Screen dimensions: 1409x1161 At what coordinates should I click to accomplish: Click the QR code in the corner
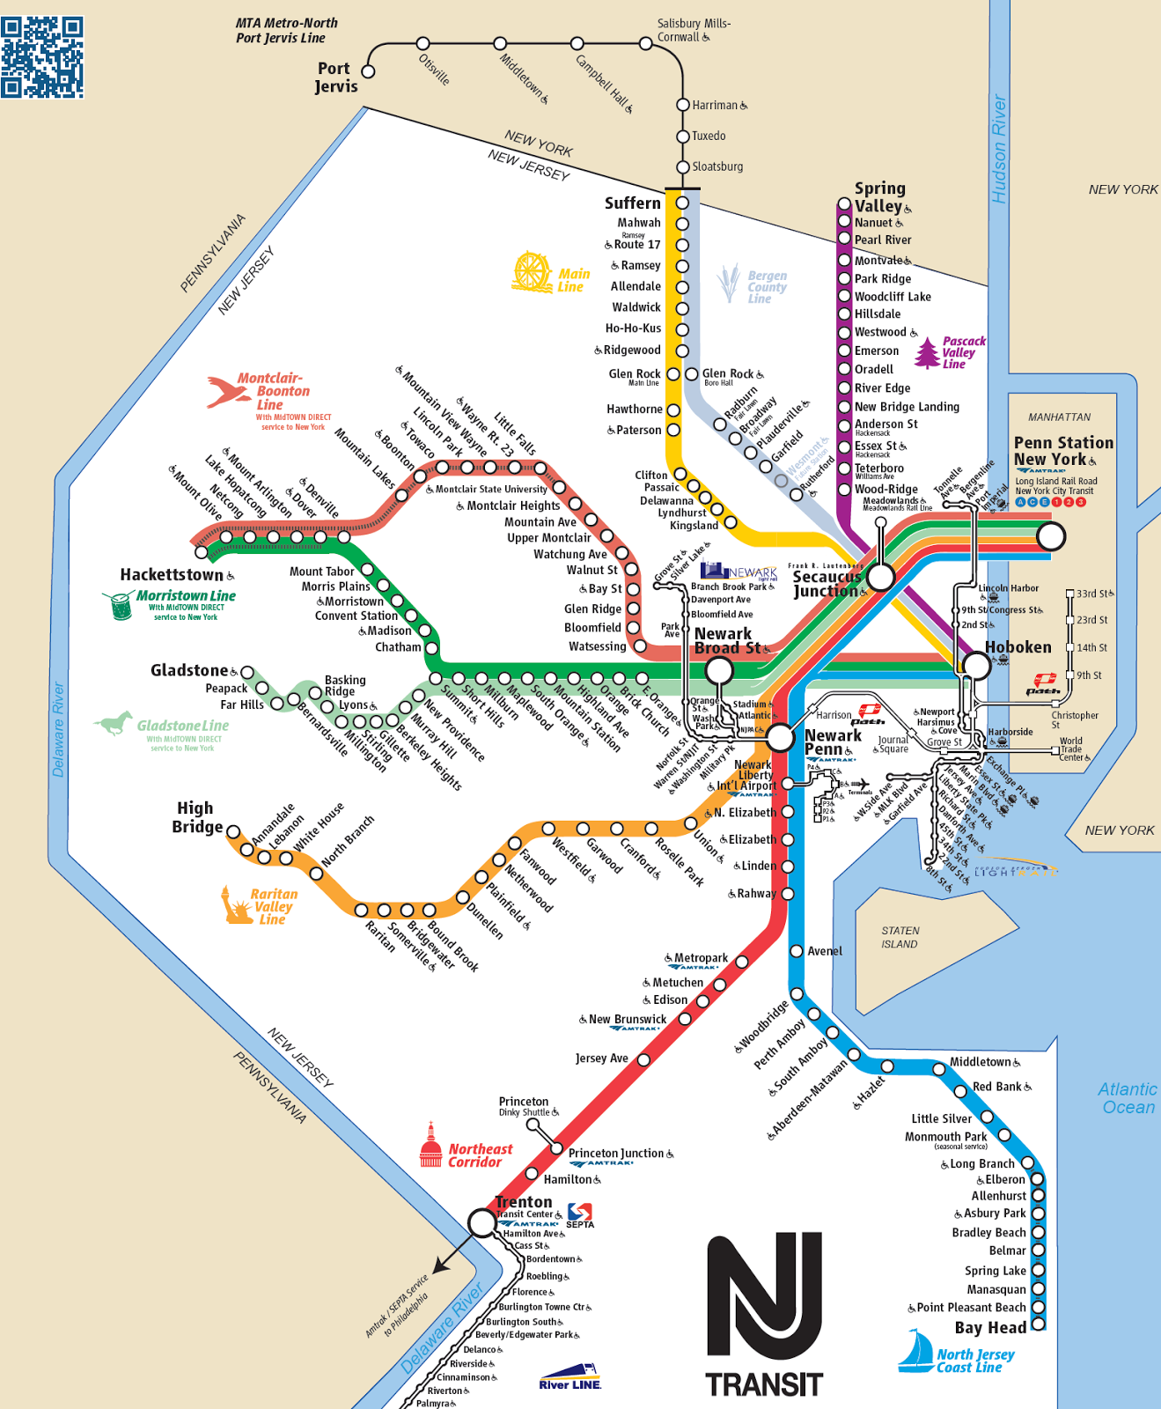[42, 57]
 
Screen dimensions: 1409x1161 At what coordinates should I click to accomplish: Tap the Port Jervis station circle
[369, 71]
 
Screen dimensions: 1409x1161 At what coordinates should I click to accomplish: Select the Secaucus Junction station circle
[880, 577]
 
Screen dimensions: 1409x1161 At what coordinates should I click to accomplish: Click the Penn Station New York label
[1062, 451]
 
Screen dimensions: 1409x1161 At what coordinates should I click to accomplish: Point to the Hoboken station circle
[976, 666]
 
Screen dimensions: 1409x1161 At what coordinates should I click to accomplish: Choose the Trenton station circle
[481, 1222]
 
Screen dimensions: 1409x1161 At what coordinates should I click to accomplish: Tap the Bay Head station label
[990, 1328]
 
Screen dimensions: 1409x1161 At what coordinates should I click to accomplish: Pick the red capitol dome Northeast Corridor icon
[430, 1145]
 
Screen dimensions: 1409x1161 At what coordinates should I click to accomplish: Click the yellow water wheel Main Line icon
[533, 272]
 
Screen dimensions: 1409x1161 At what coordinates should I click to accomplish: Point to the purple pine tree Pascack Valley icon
[927, 352]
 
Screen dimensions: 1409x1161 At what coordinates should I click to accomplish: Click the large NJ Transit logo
[764, 1315]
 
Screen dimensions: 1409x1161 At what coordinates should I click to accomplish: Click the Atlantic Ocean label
[1128, 1098]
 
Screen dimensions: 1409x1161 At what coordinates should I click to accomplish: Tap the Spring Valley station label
[880, 197]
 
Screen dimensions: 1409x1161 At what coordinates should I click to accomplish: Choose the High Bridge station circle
[233, 831]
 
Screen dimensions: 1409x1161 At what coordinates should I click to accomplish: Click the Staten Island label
[900, 937]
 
